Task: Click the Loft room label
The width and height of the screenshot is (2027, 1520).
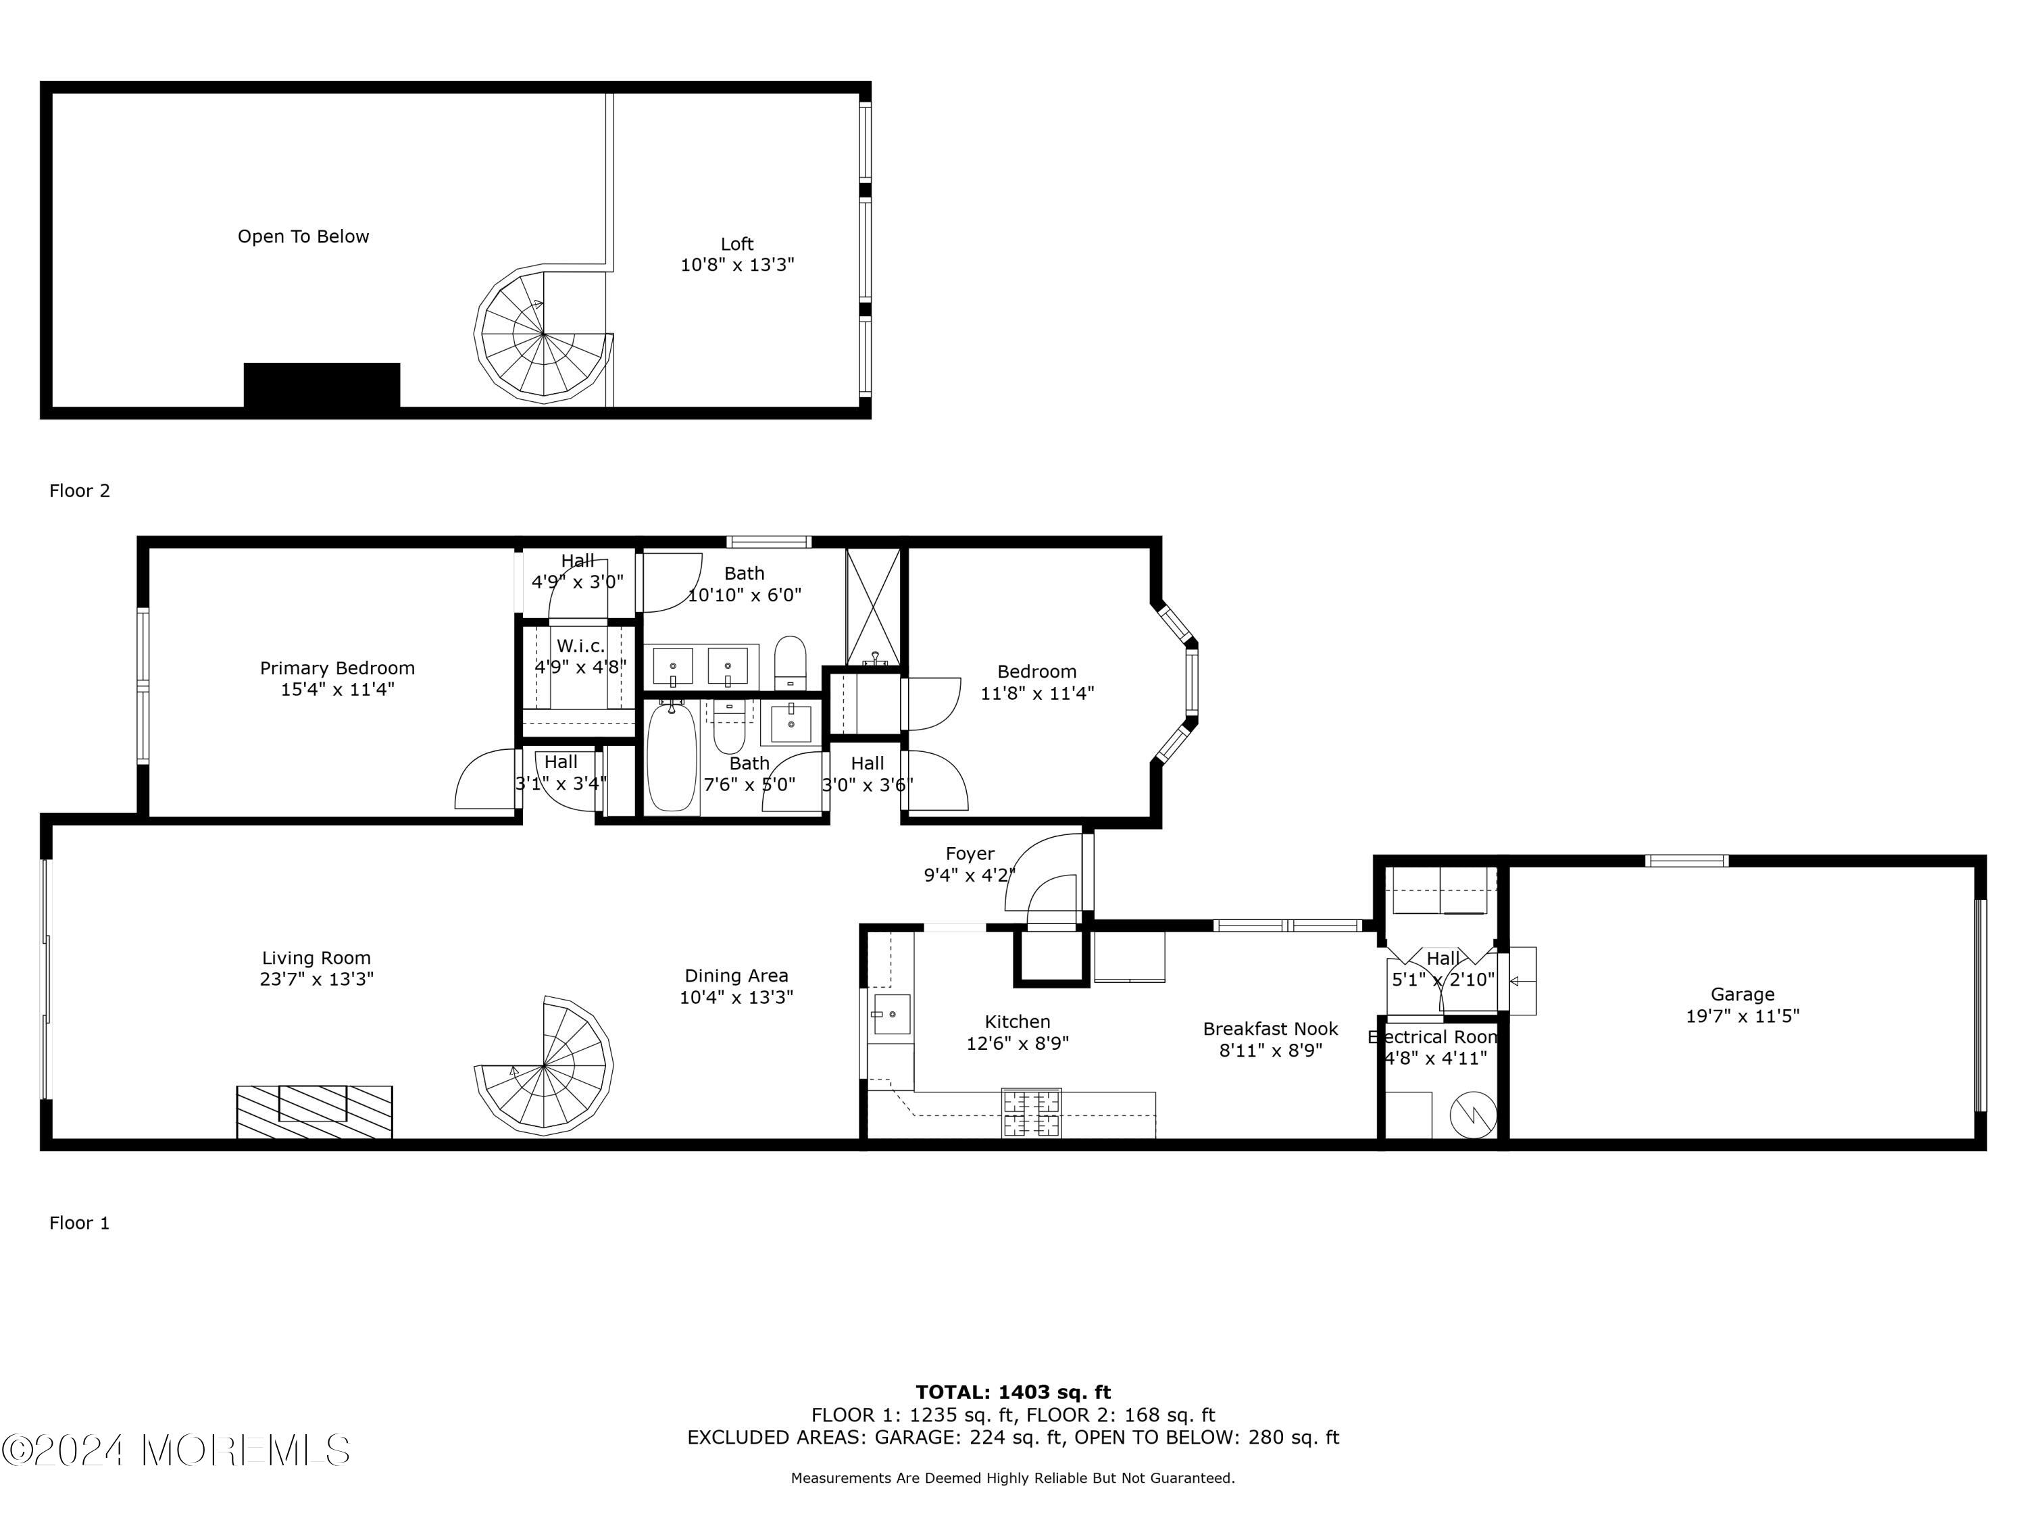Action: tap(736, 244)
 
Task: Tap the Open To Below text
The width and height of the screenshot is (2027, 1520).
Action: tap(303, 236)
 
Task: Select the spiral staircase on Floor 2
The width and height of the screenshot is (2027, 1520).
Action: tap(543, 334)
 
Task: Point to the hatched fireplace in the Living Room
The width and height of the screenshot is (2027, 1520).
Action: tap(314, 1111)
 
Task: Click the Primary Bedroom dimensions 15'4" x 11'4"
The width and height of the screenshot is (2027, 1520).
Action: tap(337, 689)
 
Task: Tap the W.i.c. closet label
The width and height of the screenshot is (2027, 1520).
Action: tap(581, 646)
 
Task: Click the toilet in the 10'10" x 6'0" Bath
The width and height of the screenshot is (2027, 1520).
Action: tap(790, 663)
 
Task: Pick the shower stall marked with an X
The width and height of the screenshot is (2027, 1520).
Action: tap(873, 607)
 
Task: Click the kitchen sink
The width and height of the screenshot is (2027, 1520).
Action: tap(890, 1014)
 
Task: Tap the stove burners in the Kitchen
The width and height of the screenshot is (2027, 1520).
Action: tap(1032, 1113)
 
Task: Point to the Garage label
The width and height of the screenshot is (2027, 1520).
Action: tap(1742, 994)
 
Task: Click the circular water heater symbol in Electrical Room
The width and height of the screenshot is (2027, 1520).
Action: tap(1472, 1115)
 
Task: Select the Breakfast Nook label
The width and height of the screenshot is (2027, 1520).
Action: tap(1270, 1029)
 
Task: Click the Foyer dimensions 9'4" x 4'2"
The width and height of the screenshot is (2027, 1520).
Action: tap(970, 875)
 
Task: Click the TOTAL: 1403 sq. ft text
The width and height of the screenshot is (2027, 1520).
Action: tap(1013, 1392)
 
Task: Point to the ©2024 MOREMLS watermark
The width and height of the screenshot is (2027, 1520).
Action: tap(176, 1450)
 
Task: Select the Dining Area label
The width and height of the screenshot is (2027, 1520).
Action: tap(736, 976)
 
